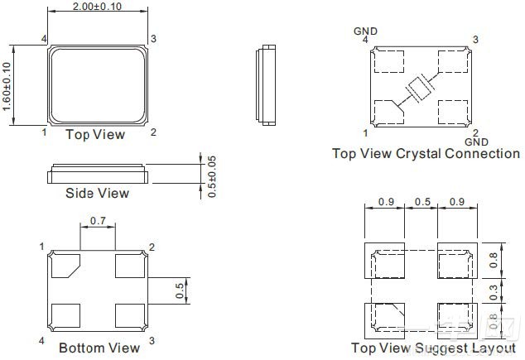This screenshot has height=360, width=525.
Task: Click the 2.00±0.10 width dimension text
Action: coord(98,7)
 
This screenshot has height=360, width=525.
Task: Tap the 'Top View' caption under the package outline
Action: coord(95,134)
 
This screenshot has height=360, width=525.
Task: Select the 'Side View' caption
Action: coord(97,193)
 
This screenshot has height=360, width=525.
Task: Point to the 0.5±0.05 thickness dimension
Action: coord(212,175)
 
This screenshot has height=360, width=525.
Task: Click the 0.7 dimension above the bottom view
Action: coord(98,222)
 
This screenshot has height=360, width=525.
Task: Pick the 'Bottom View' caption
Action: coord(99,348)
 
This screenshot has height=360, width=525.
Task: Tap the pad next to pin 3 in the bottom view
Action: coord(131,315)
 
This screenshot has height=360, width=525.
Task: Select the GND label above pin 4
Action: coord(365,31)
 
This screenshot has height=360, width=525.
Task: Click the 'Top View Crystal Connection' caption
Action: coord(426,154)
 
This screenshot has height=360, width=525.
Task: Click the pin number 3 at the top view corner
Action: coord(152,39)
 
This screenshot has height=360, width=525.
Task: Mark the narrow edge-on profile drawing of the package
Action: coord(266,84)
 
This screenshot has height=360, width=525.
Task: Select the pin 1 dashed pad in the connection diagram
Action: coord(388,111)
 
